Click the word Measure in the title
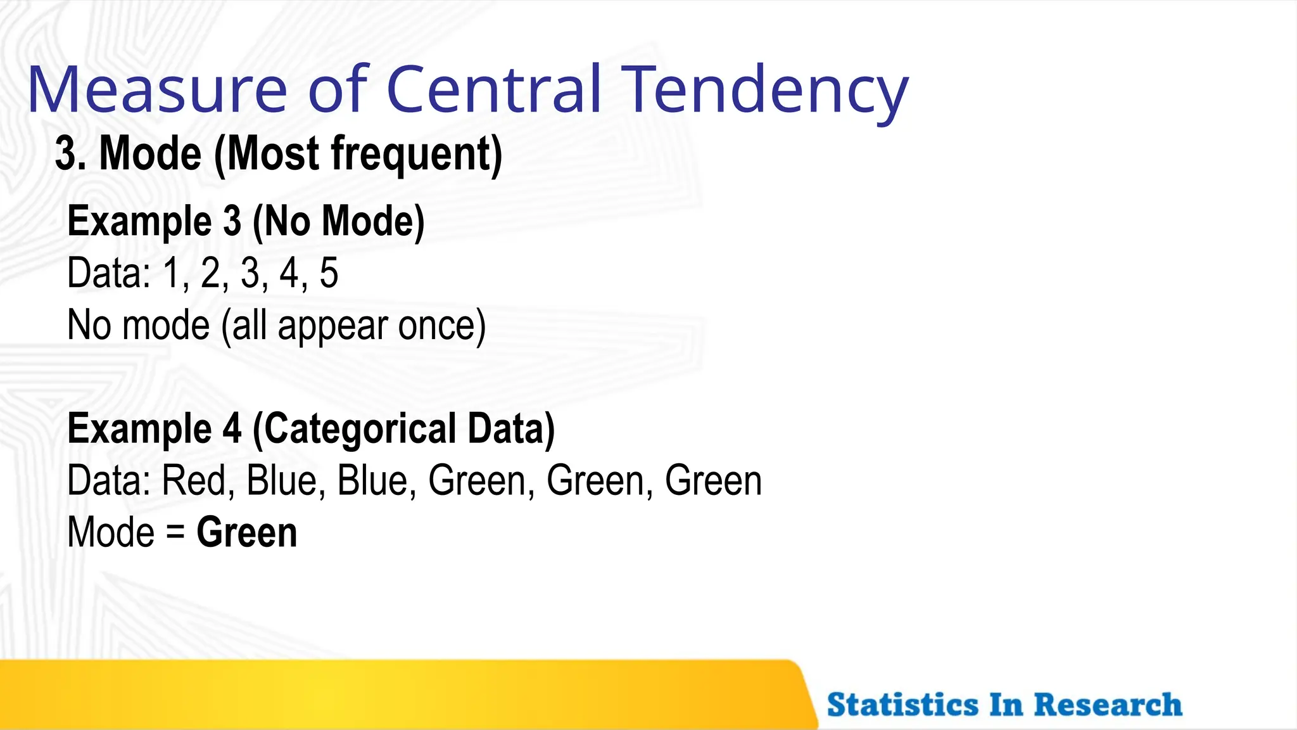click(x=157, y=90)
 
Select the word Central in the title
click(x=493, y=90)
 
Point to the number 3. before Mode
click(x=70, y=154)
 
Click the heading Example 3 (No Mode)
click(x=246, y=221)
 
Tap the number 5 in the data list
click(x=329, y=273)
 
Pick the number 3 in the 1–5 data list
click(x=250, y=273)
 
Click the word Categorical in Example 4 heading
click(x=359, y=429)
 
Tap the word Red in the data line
click(x=194, y=480)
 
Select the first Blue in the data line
click(x=281, y=480)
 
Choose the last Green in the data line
click(x=713, y=480)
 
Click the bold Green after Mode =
click(x=246, y=532)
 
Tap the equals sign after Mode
click(x=175, y=532)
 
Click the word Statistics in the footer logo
click(x=902, y=705)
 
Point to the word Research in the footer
click(x=1108, y=705)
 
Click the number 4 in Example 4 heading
click(x=232, y=429)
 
